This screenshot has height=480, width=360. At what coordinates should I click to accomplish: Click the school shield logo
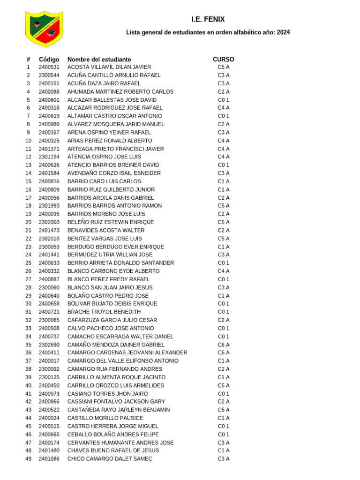pyautogui.click(x=44, y=29)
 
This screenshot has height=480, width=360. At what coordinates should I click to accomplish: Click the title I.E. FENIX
pyautogui.click(x=208, y=20)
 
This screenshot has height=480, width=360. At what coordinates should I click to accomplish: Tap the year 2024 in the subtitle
pyautogui.click(x=283, y=32)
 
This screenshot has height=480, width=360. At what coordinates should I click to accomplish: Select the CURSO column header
pyautogui.click(x=223, y=60)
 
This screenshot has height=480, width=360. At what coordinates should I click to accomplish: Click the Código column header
pyautogui.click(x=49, y=60)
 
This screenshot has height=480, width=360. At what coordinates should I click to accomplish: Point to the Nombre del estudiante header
pyautogui.click(x=99, y=60)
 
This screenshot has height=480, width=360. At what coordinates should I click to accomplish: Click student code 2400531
pyautogui.click(x=49, y=67)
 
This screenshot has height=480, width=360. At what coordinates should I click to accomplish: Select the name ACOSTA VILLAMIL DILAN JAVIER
pyautogui.click(x=109, y=67)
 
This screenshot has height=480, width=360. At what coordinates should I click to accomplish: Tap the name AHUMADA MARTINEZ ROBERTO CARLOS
pyautogui.click(x=120, y=91)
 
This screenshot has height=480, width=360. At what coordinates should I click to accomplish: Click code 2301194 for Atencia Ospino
pyautogui.click(x=49, y=157)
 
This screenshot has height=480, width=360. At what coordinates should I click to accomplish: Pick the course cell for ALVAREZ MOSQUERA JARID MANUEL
pyautogui.click(x=223, y=124)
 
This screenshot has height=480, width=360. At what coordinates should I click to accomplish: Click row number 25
pyautogui.click(x=28, y=263)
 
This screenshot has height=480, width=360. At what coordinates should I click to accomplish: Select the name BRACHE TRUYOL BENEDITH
pyautogui.click(x=104, y=312)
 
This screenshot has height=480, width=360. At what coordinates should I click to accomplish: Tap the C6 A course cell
pyautogui.click(x=223, y=345)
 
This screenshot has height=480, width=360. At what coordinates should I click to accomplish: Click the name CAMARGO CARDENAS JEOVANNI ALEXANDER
pyautogui.click(x=127, y=352)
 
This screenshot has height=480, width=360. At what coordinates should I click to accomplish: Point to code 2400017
pyautogui.click(x=49, y=361)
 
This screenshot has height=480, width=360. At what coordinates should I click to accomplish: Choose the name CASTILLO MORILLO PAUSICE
pyautogui.click(x=105, y=418)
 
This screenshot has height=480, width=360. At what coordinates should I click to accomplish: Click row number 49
pyautogui.click(x=28, y=459)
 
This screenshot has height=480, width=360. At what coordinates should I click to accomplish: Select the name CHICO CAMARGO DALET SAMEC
pyautogui.click(x=110, y=459)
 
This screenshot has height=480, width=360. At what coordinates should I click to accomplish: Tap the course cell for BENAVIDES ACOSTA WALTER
pyautogui.click(x=223, y=230)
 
